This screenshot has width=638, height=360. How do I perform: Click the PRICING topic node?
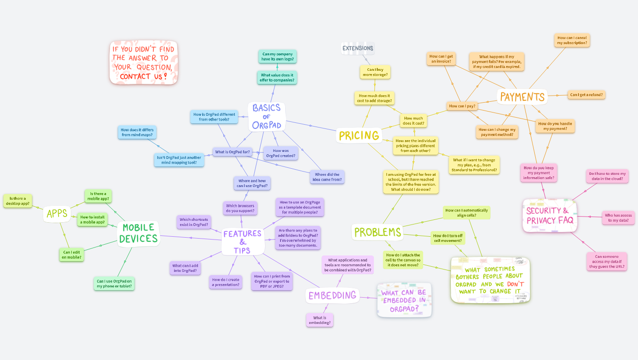[x=359, y=135]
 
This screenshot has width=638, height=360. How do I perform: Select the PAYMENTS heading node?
[x=522, y=97]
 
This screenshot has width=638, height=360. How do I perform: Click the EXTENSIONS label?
[x=358, y=48]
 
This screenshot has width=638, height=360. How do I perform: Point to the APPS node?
[x=57, y=214]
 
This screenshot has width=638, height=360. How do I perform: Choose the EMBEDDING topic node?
[x=333, y=295]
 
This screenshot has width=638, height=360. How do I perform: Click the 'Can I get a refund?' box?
[x=586, y=95]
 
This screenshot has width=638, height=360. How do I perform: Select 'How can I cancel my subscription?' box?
[x=571, y=40]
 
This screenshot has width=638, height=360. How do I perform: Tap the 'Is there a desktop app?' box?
[x=18, y=201]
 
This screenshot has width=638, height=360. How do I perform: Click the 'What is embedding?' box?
[x=319, y=320]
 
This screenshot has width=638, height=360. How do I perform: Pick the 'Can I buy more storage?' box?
[x=375, y=72]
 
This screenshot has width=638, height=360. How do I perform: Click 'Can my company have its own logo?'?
[x=277, y=57]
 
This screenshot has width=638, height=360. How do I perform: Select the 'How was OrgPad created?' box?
[x=281, y=153]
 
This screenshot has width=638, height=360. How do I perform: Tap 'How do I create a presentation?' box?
[x=226, y=282]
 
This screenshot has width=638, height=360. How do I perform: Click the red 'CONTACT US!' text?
[x=143, y=76]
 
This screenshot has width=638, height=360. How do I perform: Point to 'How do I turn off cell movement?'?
[x=448, y=238]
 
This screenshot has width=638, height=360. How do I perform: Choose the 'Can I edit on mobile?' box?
[x=71, y=255]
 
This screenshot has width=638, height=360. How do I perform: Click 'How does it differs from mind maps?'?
[x=137, y=133]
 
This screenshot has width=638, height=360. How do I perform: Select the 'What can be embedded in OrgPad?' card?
[x=404, y=300]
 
